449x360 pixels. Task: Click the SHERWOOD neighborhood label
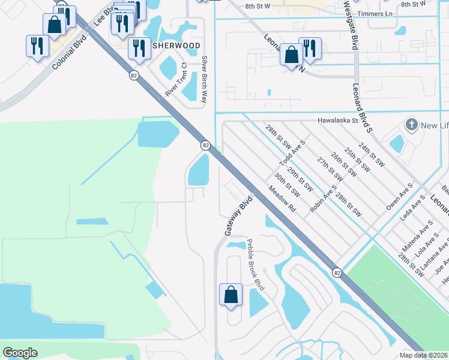[x=176, y=46]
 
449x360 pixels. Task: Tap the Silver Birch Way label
[x=205, y=80]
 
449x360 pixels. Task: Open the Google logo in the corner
[x=20, y=353]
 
